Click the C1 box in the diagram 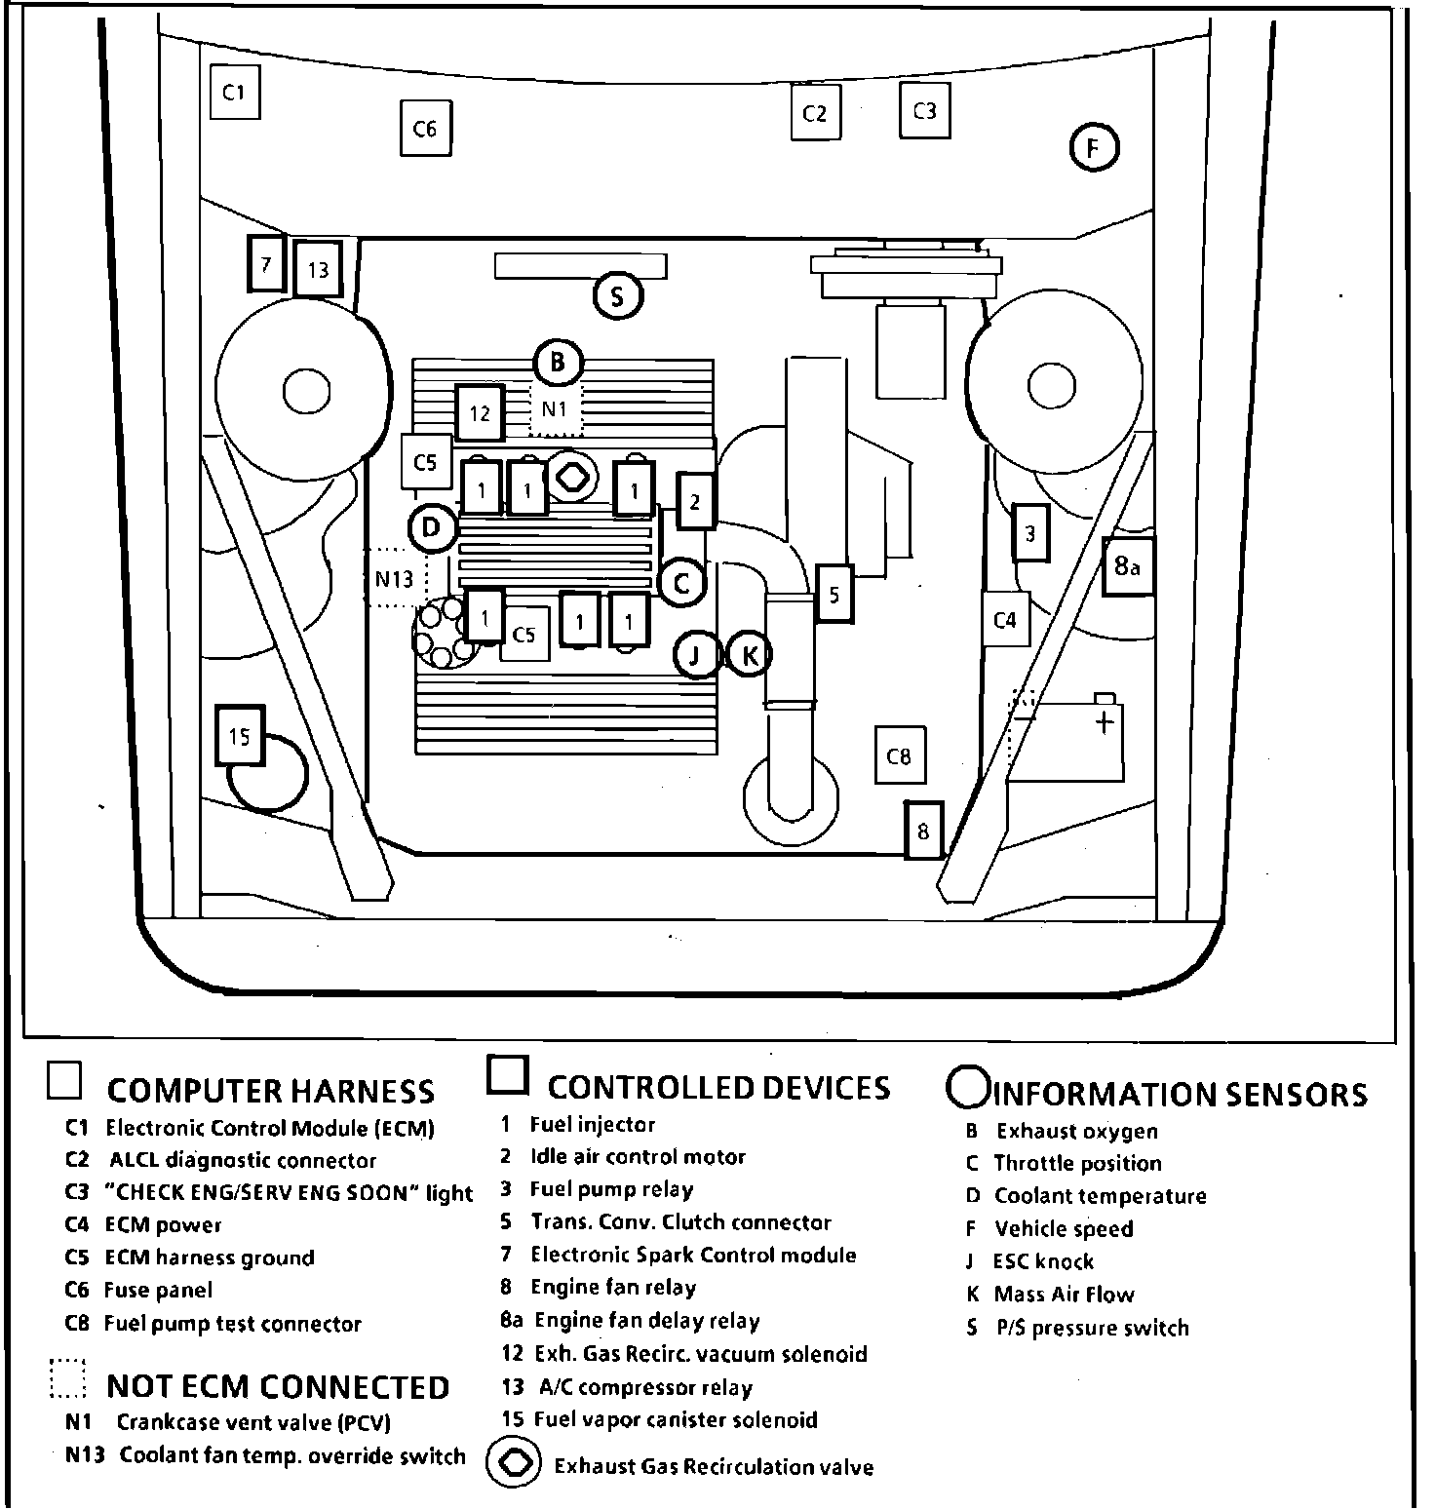click(235, 92)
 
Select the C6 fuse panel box click(426, 128)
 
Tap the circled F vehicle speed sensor click(1094, 148)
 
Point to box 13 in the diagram click(318, 269)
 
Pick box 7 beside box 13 click(266, 263)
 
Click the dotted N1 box click(555, 409)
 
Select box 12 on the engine click(480, 412)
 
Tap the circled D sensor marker click(432, 528)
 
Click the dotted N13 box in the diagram click(395, 579)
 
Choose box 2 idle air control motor click(695, 502)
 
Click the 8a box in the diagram click(1128, 566)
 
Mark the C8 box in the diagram click(899, 755)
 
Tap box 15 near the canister click(240, 736)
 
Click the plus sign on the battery click(1105, 722)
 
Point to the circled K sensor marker click(749, 655)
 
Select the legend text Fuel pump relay click(611, 1189)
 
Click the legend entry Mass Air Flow click(1064, 1295)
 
